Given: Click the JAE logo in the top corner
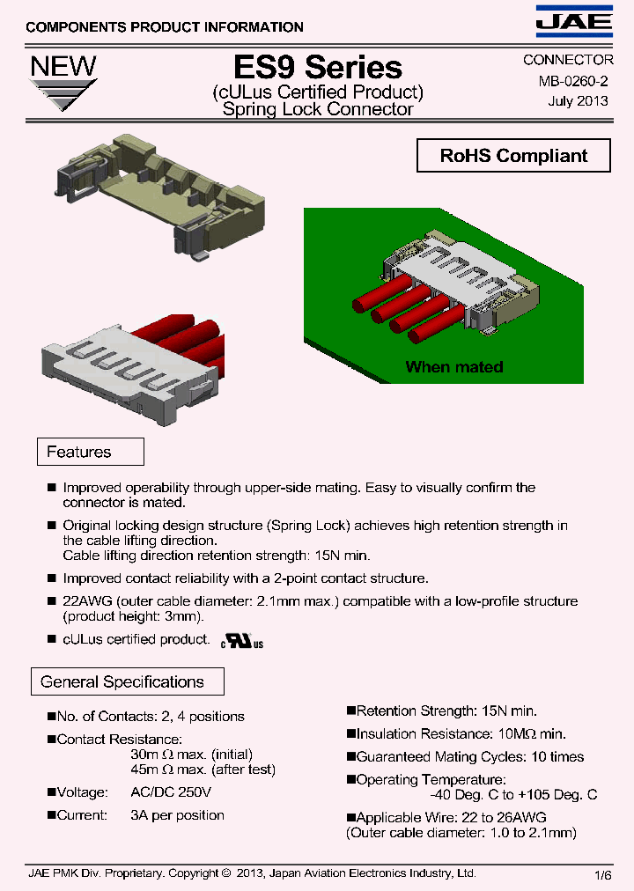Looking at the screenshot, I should coord(574,21).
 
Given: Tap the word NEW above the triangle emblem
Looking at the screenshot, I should coord(63,66).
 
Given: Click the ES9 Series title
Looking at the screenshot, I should coord(318,67).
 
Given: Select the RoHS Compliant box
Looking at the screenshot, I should coord(513,156).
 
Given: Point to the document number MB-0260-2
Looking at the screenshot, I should coord(573,81).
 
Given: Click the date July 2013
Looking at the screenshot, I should coord(578,100).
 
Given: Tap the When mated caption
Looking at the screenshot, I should coord(453,367).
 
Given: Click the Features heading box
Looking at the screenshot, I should coord(90,452).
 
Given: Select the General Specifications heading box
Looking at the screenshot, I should coord(129,681).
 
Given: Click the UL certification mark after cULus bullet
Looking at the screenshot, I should coord(242,642).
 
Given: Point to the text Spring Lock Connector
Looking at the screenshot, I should coord(318,110).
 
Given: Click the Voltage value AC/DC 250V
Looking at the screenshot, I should coord(171,792).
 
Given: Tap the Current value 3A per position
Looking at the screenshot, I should coord(177,815).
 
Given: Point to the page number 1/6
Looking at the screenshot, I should coord(603,874).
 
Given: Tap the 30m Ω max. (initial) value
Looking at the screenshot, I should coord(191,755).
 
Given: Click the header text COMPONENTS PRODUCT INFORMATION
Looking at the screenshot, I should coord(165,27).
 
